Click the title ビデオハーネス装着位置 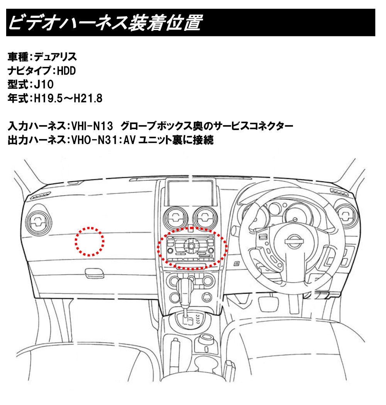105,23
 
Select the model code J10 44,85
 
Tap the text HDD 66,71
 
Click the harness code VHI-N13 92,126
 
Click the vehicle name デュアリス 55,57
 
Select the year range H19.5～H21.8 68,98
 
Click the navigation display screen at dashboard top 191,193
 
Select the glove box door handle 95,273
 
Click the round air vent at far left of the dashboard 39,221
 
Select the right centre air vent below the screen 205,217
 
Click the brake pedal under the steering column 269,304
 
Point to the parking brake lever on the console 174,354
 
